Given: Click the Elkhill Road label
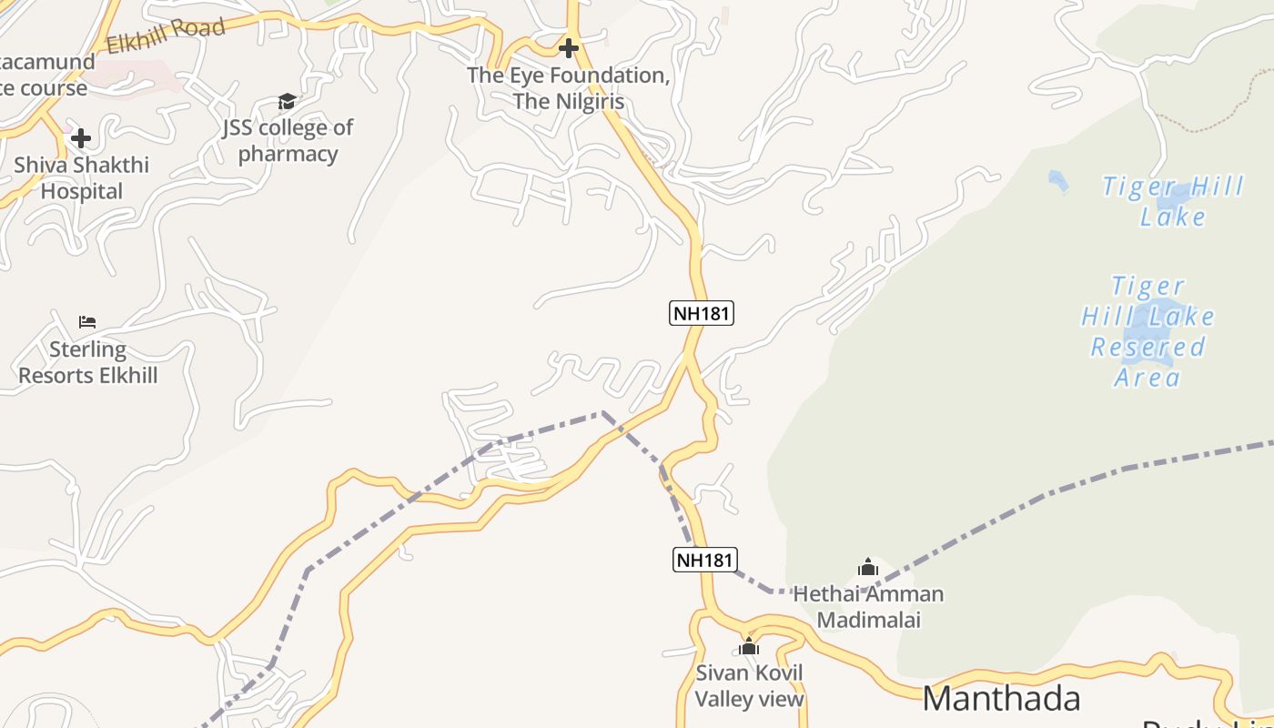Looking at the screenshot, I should tap(166, 36).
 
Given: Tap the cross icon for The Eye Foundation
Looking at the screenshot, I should tap(569, 47).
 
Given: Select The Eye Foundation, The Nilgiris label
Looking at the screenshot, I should tap(569, 88).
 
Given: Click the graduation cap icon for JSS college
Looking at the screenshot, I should tap(287, 101).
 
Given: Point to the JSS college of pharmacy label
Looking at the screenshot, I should tap(288, 140).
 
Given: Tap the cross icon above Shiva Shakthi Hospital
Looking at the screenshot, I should tap(81, 138).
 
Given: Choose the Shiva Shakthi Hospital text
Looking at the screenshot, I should tap(81, 178).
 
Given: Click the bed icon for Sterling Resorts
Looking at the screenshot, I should tap(87, 322).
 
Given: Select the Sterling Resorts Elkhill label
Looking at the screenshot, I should tap(88, 362).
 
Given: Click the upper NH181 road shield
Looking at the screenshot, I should tap(702, 313).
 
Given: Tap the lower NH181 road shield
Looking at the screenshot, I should tap(705, 559).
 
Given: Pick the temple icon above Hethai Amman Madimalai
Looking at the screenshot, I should tap(868, 568).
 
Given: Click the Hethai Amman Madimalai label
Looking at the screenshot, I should tap(868, 607).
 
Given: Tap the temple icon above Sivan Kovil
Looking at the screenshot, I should tap(749, 647).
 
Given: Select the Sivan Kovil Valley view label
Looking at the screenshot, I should tap(750, 686).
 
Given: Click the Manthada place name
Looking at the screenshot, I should tap(1001, 698).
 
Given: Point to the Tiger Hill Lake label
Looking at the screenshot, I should tap(1173, 201).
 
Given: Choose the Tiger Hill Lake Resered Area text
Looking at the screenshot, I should tap(1148, 331).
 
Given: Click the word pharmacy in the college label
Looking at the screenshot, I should tap(288, 154).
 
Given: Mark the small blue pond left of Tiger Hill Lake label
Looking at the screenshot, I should tap(1057, 181).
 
